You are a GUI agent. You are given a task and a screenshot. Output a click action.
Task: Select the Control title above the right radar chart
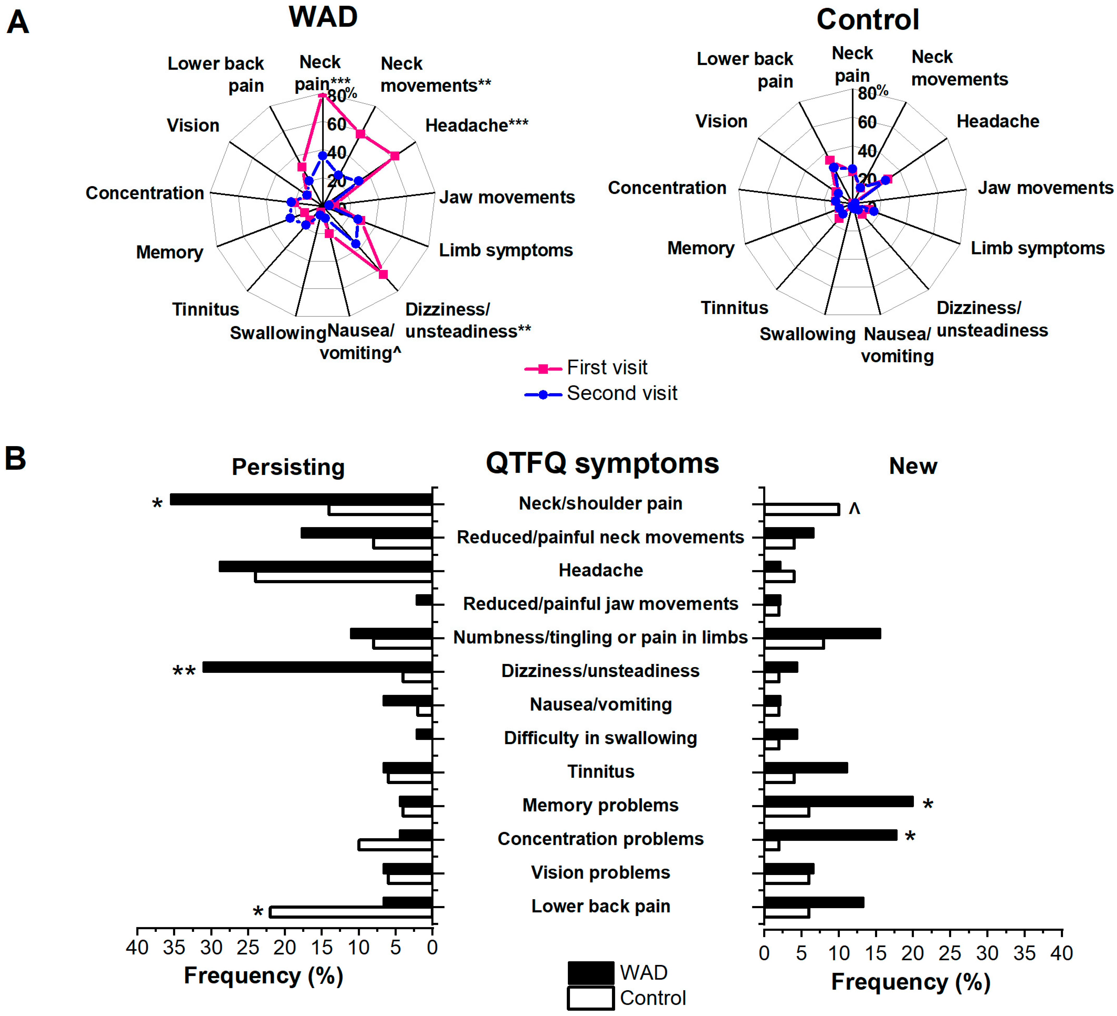tap(868, 20)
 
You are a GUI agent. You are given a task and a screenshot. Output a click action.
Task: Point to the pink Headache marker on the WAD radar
tap(394, 156)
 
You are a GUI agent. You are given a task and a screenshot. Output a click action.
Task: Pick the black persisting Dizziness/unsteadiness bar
tap(318, 667)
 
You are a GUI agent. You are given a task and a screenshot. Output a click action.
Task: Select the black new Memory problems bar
tap(838, 801)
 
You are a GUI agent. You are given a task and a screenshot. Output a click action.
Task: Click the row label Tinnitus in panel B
tap(601, 771)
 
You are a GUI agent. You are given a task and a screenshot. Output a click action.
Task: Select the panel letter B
tap(16, 459)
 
